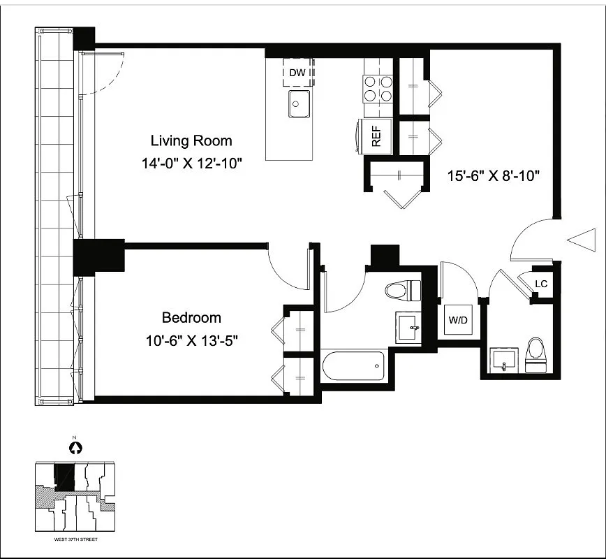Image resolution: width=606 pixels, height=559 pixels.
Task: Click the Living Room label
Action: click(191, 140)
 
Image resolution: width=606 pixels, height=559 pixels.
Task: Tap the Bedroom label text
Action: click(191, 318)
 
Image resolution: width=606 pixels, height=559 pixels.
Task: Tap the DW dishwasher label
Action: click(298, 72)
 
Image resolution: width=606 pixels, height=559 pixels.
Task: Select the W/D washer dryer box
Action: click(458, 321)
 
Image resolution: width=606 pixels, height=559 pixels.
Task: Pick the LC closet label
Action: click(540, 284)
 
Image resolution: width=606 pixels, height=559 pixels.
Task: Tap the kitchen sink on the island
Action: click(300, 105)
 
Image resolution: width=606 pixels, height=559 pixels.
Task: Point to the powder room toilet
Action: click(535, 355)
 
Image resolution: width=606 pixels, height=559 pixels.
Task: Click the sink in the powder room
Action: click(503, 359)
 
